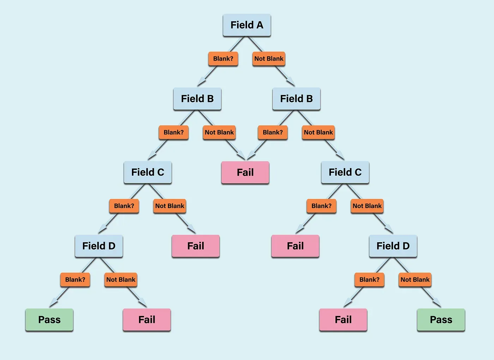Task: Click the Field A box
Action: click(x=247, y=25)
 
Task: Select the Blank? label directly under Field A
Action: click(x=223, y=59)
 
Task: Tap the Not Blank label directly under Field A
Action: click(x=269, y=59)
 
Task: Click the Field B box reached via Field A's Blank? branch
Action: click(x=197, y=99)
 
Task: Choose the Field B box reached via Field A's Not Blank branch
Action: click(x=296, y=99)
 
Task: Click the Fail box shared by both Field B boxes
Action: click(x=245, y=172)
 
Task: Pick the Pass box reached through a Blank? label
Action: click(x=49, y=320)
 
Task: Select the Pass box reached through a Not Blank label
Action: click(x=441, y=320)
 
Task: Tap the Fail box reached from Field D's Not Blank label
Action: click(x=147, y=320)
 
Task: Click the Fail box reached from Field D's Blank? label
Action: click(x=343, y=320)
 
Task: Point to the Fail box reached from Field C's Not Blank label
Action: click(x=195, y=246)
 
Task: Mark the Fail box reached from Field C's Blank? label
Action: click(x=295, y=246)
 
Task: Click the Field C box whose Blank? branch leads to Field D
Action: click(x=148, y=172)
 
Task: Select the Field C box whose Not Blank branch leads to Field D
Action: click(x=345, y=172)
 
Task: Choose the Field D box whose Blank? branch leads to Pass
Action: click(x=99, y=246)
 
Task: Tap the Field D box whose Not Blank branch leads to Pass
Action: click(x=393, y=246)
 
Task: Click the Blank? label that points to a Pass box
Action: click(x=75, y=280)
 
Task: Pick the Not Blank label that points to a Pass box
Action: click(x=415, y=280)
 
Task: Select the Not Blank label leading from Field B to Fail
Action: click(x=219, y=133)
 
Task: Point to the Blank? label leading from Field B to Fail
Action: click(x=272, y=133)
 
